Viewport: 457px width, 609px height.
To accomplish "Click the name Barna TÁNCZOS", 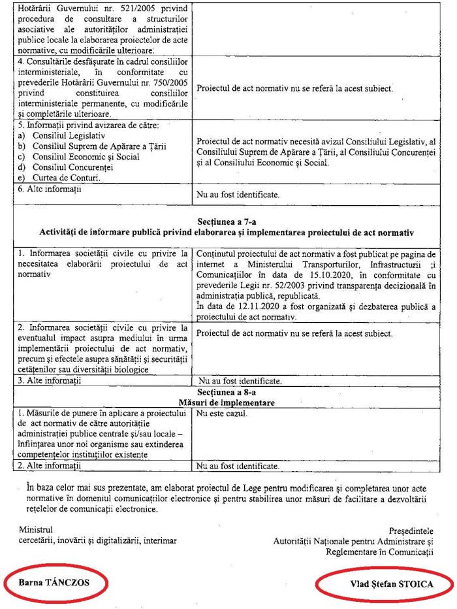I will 54,581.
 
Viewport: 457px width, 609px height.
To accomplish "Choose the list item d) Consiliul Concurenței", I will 62,167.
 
